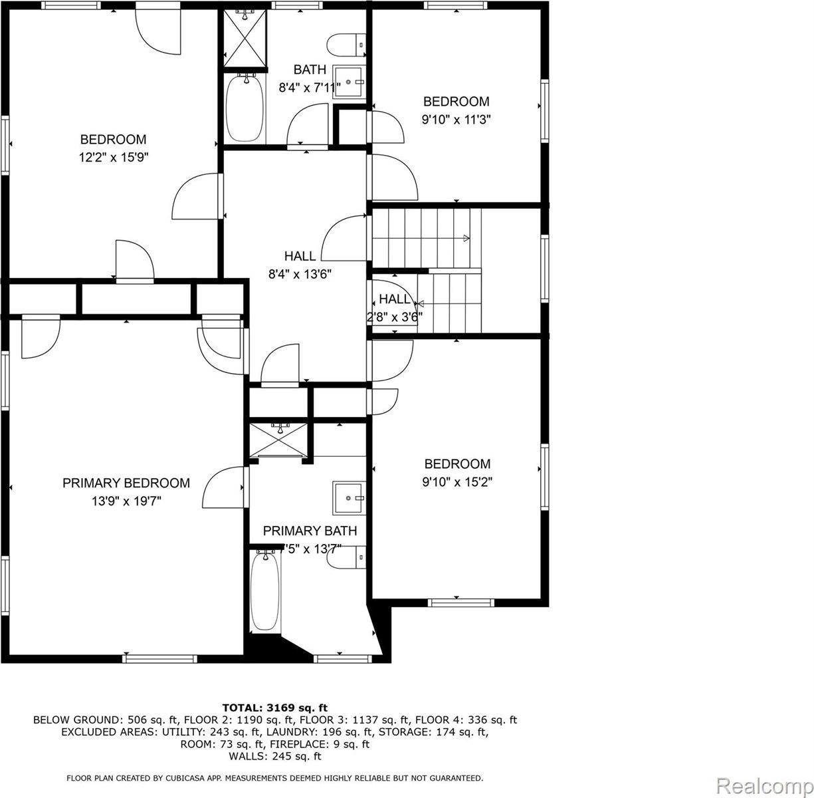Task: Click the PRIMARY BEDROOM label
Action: (x=126, y=483)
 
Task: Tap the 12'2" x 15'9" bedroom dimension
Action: (x=113, y=158)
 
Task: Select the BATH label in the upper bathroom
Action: (x=310, y=69)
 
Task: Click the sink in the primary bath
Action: (x=350, y=497)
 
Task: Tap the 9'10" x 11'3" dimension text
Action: (x=456, y=120)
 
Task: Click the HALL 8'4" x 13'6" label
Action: (x=300, y=264)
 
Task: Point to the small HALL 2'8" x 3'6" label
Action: (x=395, y=308)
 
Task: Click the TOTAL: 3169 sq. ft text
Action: (x=274, y=708)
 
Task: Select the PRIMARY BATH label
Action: (x=310, y=531)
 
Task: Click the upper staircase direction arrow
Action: (x=465, y=238)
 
